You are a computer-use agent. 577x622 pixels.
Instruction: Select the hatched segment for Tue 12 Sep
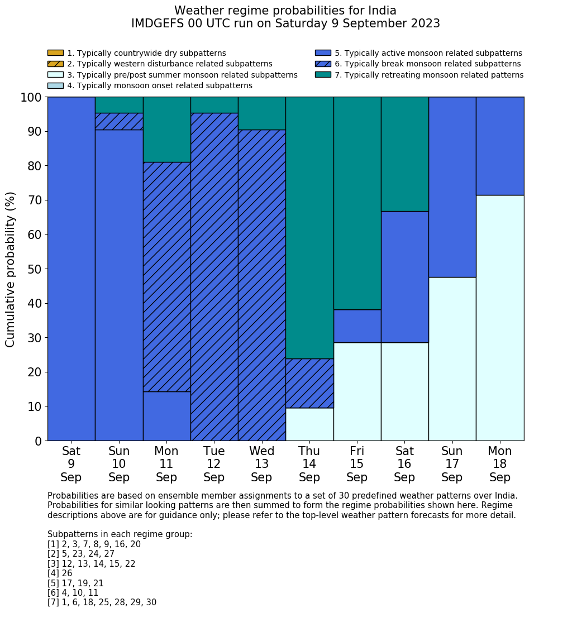(214, 276)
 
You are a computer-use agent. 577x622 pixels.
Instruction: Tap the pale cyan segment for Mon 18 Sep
(500, 318)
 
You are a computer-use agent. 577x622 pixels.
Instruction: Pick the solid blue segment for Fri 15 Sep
(357, 326)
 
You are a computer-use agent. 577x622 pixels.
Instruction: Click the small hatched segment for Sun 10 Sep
(119, 121)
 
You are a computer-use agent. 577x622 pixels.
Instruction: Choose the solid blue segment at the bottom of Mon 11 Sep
(166, 416)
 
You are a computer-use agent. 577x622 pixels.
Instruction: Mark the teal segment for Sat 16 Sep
(404, 154)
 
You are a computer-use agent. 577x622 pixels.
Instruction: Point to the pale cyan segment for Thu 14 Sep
(309, 424)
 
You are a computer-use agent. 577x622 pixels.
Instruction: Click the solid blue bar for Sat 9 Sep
(71, 269)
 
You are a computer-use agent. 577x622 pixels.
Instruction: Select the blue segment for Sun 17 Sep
(452, 186)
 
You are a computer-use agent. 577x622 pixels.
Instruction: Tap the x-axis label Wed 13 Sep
(261, 464)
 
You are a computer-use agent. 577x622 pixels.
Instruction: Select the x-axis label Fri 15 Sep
(357, 464)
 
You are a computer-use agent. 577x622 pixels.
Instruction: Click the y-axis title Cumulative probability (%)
(11, 269)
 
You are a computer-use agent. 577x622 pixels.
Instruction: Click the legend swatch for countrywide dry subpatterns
(55, 53)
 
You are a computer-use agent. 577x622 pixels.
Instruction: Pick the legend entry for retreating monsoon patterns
(429, 75)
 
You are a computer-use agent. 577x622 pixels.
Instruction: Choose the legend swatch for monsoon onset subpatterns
(55, 85)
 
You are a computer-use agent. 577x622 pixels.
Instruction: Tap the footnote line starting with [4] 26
(60, 573)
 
